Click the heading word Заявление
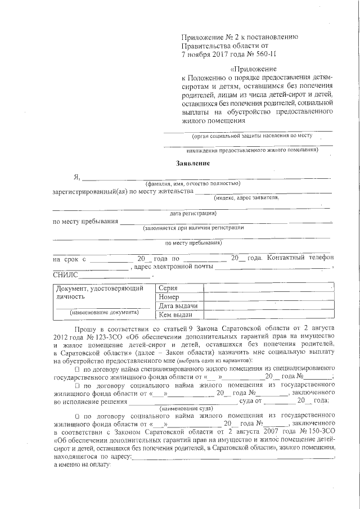click(x=193, y=164)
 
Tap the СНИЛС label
click(x=65, y=276)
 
